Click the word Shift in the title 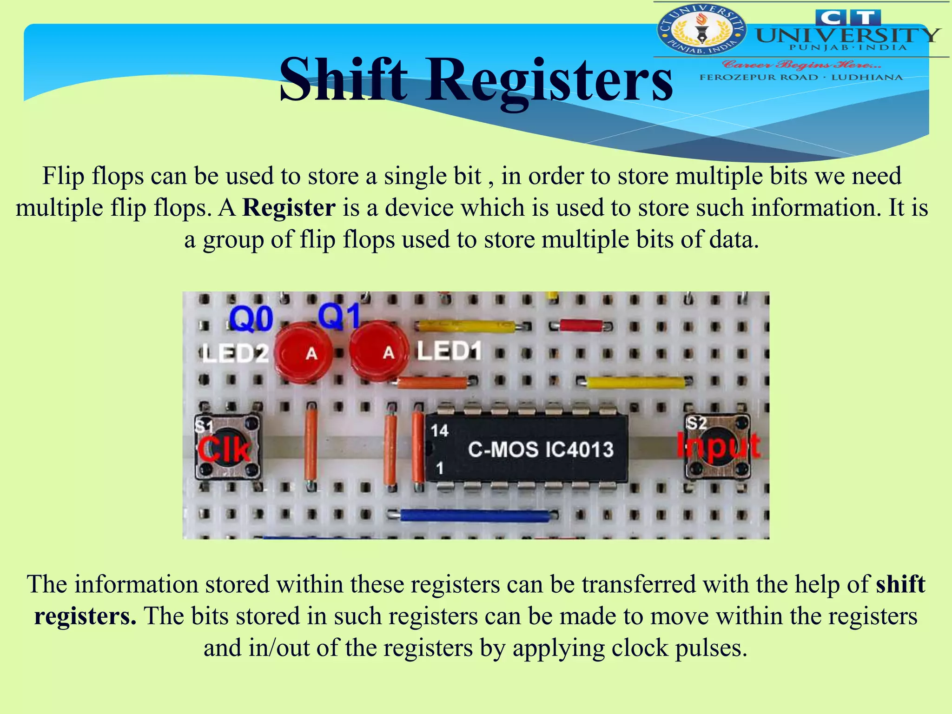[343, 80]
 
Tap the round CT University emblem [701, 30]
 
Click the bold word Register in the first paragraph [289, 207]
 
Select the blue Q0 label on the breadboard [251, 319]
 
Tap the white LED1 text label [448, 351]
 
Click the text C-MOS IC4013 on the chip [540, 450]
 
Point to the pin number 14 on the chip [439, 431]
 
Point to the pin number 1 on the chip [439, 468]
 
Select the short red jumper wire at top [581, 325]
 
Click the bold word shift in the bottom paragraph [900, 584]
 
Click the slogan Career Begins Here [801, 64]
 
